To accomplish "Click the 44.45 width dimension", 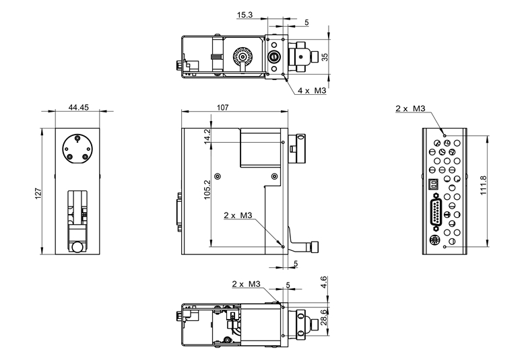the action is coord(79,107).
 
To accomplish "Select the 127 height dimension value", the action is coord(38,194).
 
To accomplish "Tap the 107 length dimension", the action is coord(222,107).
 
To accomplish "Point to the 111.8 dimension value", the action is coord(483,185).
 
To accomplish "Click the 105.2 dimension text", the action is coord(207,190).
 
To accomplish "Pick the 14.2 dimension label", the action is coord(207,136).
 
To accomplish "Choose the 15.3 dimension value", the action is coord(244,15).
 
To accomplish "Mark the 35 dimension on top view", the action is coord(325,57).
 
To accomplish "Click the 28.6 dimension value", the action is coord(324,317).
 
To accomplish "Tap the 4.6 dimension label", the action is coord(324,282).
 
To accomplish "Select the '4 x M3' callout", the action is coord(311,90).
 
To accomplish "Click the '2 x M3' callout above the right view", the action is coord(410,108).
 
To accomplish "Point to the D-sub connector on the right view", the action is coord(436,212).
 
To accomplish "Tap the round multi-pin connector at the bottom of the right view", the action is coord(435,240).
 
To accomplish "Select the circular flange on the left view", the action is coord(77,149).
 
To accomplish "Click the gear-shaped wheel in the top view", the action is coord(241,56).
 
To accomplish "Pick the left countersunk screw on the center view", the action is coord(218,176).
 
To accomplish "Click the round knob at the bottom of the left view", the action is coord(77,248).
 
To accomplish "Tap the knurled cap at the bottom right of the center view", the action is coord(315,247).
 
